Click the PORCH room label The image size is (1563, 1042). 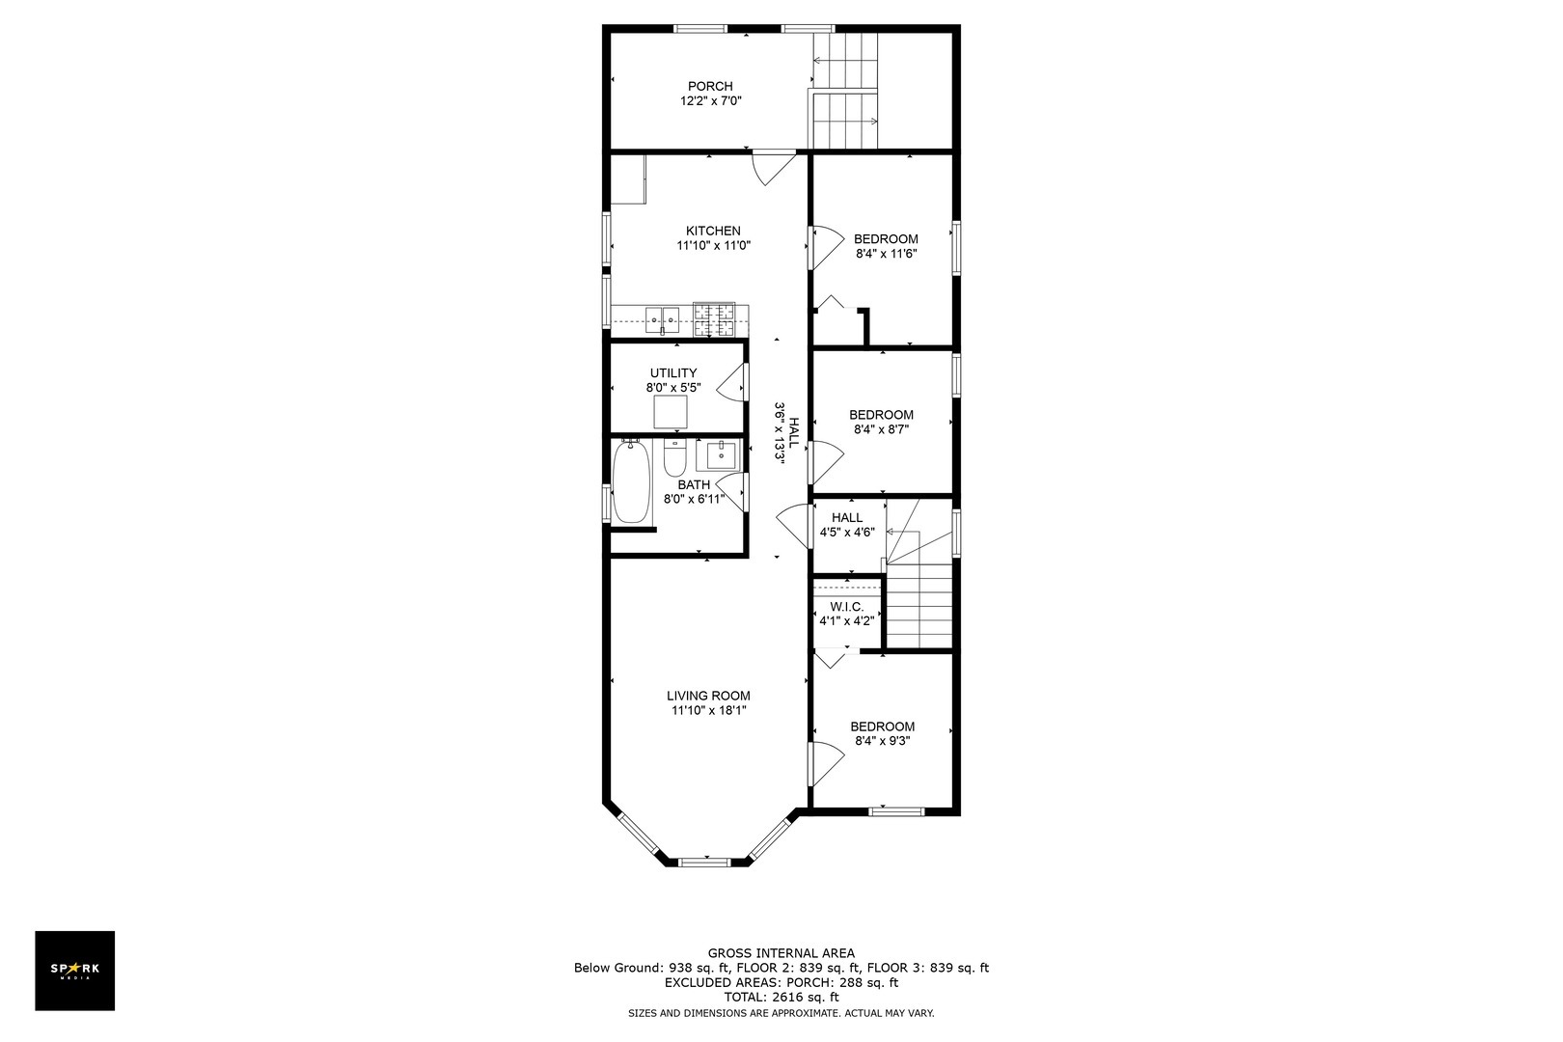(x=710, y=87)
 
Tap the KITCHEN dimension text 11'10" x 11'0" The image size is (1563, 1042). (x=713, y=246)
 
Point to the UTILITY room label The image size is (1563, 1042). (x=672, y=373)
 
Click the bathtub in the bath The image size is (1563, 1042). (x=630, y=481)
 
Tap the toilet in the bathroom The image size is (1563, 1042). (x=674, y=458)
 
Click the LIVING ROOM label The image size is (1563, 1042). (x=708, y=696)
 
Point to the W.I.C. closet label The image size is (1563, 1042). (x=846, y=607)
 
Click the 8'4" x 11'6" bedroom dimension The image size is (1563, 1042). (x=886, y=255)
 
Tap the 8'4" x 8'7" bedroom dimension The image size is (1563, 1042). (x=881, y=430)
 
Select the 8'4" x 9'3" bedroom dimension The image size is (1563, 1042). (x=882, y=742)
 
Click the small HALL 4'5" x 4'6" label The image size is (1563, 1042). (x=846, y=518)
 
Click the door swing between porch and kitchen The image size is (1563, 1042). (x=771, y=167)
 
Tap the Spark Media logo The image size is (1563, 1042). (x=75, y=970)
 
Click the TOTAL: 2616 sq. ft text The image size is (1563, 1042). (x=781, y=997)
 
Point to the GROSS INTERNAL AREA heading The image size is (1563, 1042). (x=781, y=953)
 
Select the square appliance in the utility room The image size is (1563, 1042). (x=672, y=412)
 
